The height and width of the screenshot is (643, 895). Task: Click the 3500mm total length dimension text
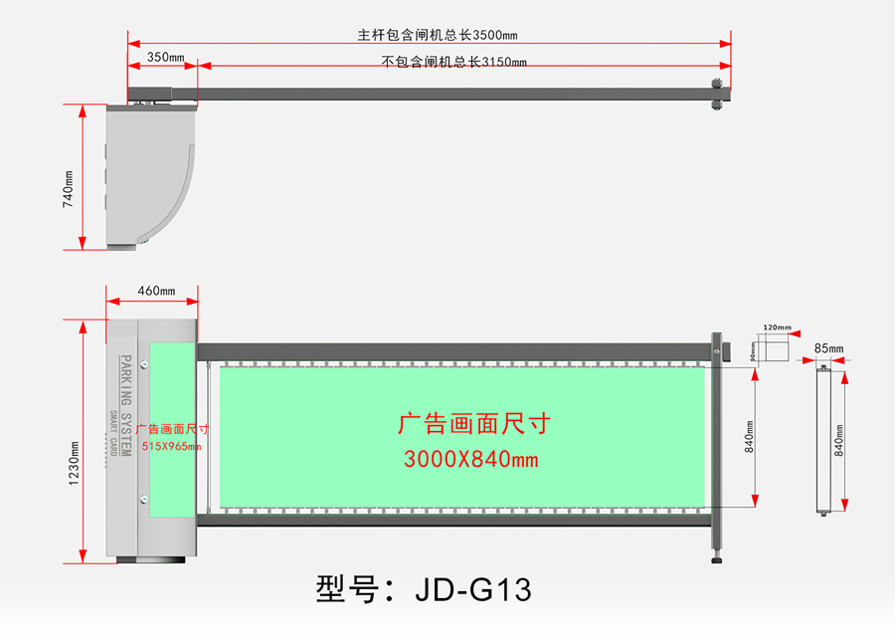pos(438,35)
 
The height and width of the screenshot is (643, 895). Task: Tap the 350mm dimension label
pos(165,58)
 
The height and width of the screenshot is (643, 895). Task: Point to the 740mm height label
pos(69,187)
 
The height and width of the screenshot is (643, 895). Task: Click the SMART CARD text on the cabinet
pos(114,433)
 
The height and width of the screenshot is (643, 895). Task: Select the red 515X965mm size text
pos(171,446)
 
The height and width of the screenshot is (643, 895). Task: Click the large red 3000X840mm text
pos(471,459)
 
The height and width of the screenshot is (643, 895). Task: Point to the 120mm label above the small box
pos(777,327)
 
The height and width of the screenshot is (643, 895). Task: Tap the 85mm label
pos(827,348)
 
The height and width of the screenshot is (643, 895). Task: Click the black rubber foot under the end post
pos(716,558)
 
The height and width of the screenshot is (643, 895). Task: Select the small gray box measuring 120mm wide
pos(777,348)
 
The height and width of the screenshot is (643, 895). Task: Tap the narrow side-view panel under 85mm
pos(822,438)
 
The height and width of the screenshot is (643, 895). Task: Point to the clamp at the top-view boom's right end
pos(715,95)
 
